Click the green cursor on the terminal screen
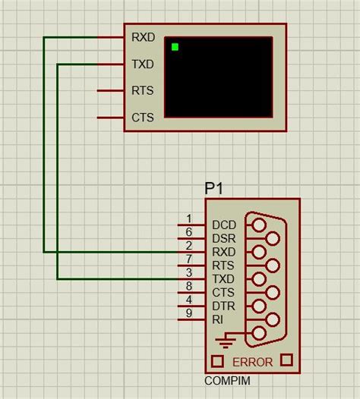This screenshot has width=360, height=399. click(x=175, y=47)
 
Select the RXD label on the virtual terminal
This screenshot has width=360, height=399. click(x=143, y=36)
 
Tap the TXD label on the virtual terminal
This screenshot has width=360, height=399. click(x=143, y=64)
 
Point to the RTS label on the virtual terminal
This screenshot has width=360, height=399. click(x=143, y=91)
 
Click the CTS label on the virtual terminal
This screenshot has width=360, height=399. click(x=143, y=118)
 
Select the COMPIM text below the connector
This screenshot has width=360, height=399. click(x=227, y=380)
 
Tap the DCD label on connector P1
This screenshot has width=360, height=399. click(x=224, y=225)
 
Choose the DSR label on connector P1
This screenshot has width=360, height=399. click(x=224, y=238)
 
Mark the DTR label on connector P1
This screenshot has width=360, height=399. click(x=224, y=306)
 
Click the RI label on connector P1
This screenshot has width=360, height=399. click(x=218, y=319)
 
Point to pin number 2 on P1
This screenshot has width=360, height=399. click(x=189, y=246)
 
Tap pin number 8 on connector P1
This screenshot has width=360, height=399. click(x=189, y=286)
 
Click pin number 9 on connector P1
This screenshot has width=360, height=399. click(x=189, y=313)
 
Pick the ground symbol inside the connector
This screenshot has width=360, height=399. click(x=225, y=341)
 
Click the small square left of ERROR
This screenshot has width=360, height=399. click(x=216, y=360)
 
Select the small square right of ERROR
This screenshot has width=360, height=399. click(x=287, y=360)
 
